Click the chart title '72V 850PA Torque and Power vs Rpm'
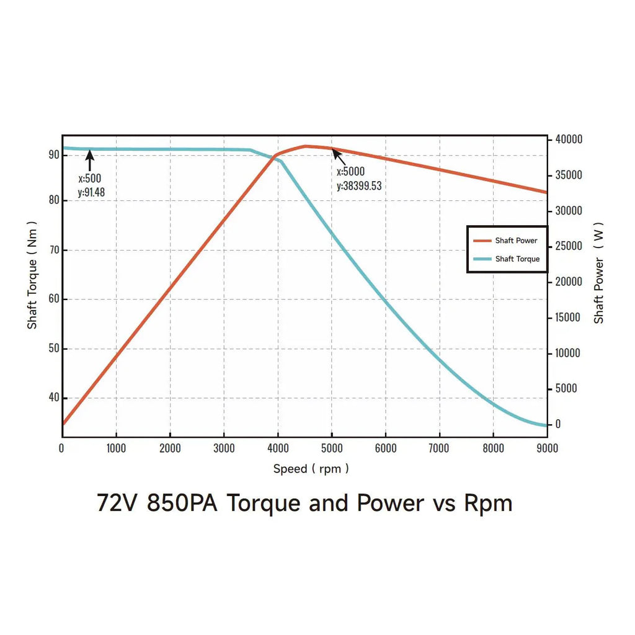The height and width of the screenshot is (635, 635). pos(304,503)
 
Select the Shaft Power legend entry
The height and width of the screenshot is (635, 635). pos(516,241)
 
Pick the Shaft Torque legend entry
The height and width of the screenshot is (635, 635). pos(517,259)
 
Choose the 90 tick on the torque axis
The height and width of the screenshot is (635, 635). pos(53,154)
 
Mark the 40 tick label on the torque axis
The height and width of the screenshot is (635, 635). pos(53,397)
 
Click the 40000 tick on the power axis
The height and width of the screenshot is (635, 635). pos(569,140)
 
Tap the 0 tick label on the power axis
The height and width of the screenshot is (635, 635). pos(557,425)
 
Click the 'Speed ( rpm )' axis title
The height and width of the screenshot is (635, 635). pos(311,469)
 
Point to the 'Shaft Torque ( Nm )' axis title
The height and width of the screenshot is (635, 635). pos(32,275)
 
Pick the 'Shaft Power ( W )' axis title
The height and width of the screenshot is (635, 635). pos(598,273)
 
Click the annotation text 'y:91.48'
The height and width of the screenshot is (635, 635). pos(91,192)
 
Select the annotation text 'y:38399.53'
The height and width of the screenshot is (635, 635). pos(359,185)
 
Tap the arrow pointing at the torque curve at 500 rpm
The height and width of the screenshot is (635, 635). pos(90,161)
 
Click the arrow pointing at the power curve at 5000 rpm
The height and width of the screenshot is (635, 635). pos(339,156)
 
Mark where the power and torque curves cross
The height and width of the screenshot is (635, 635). pos(274,156)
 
